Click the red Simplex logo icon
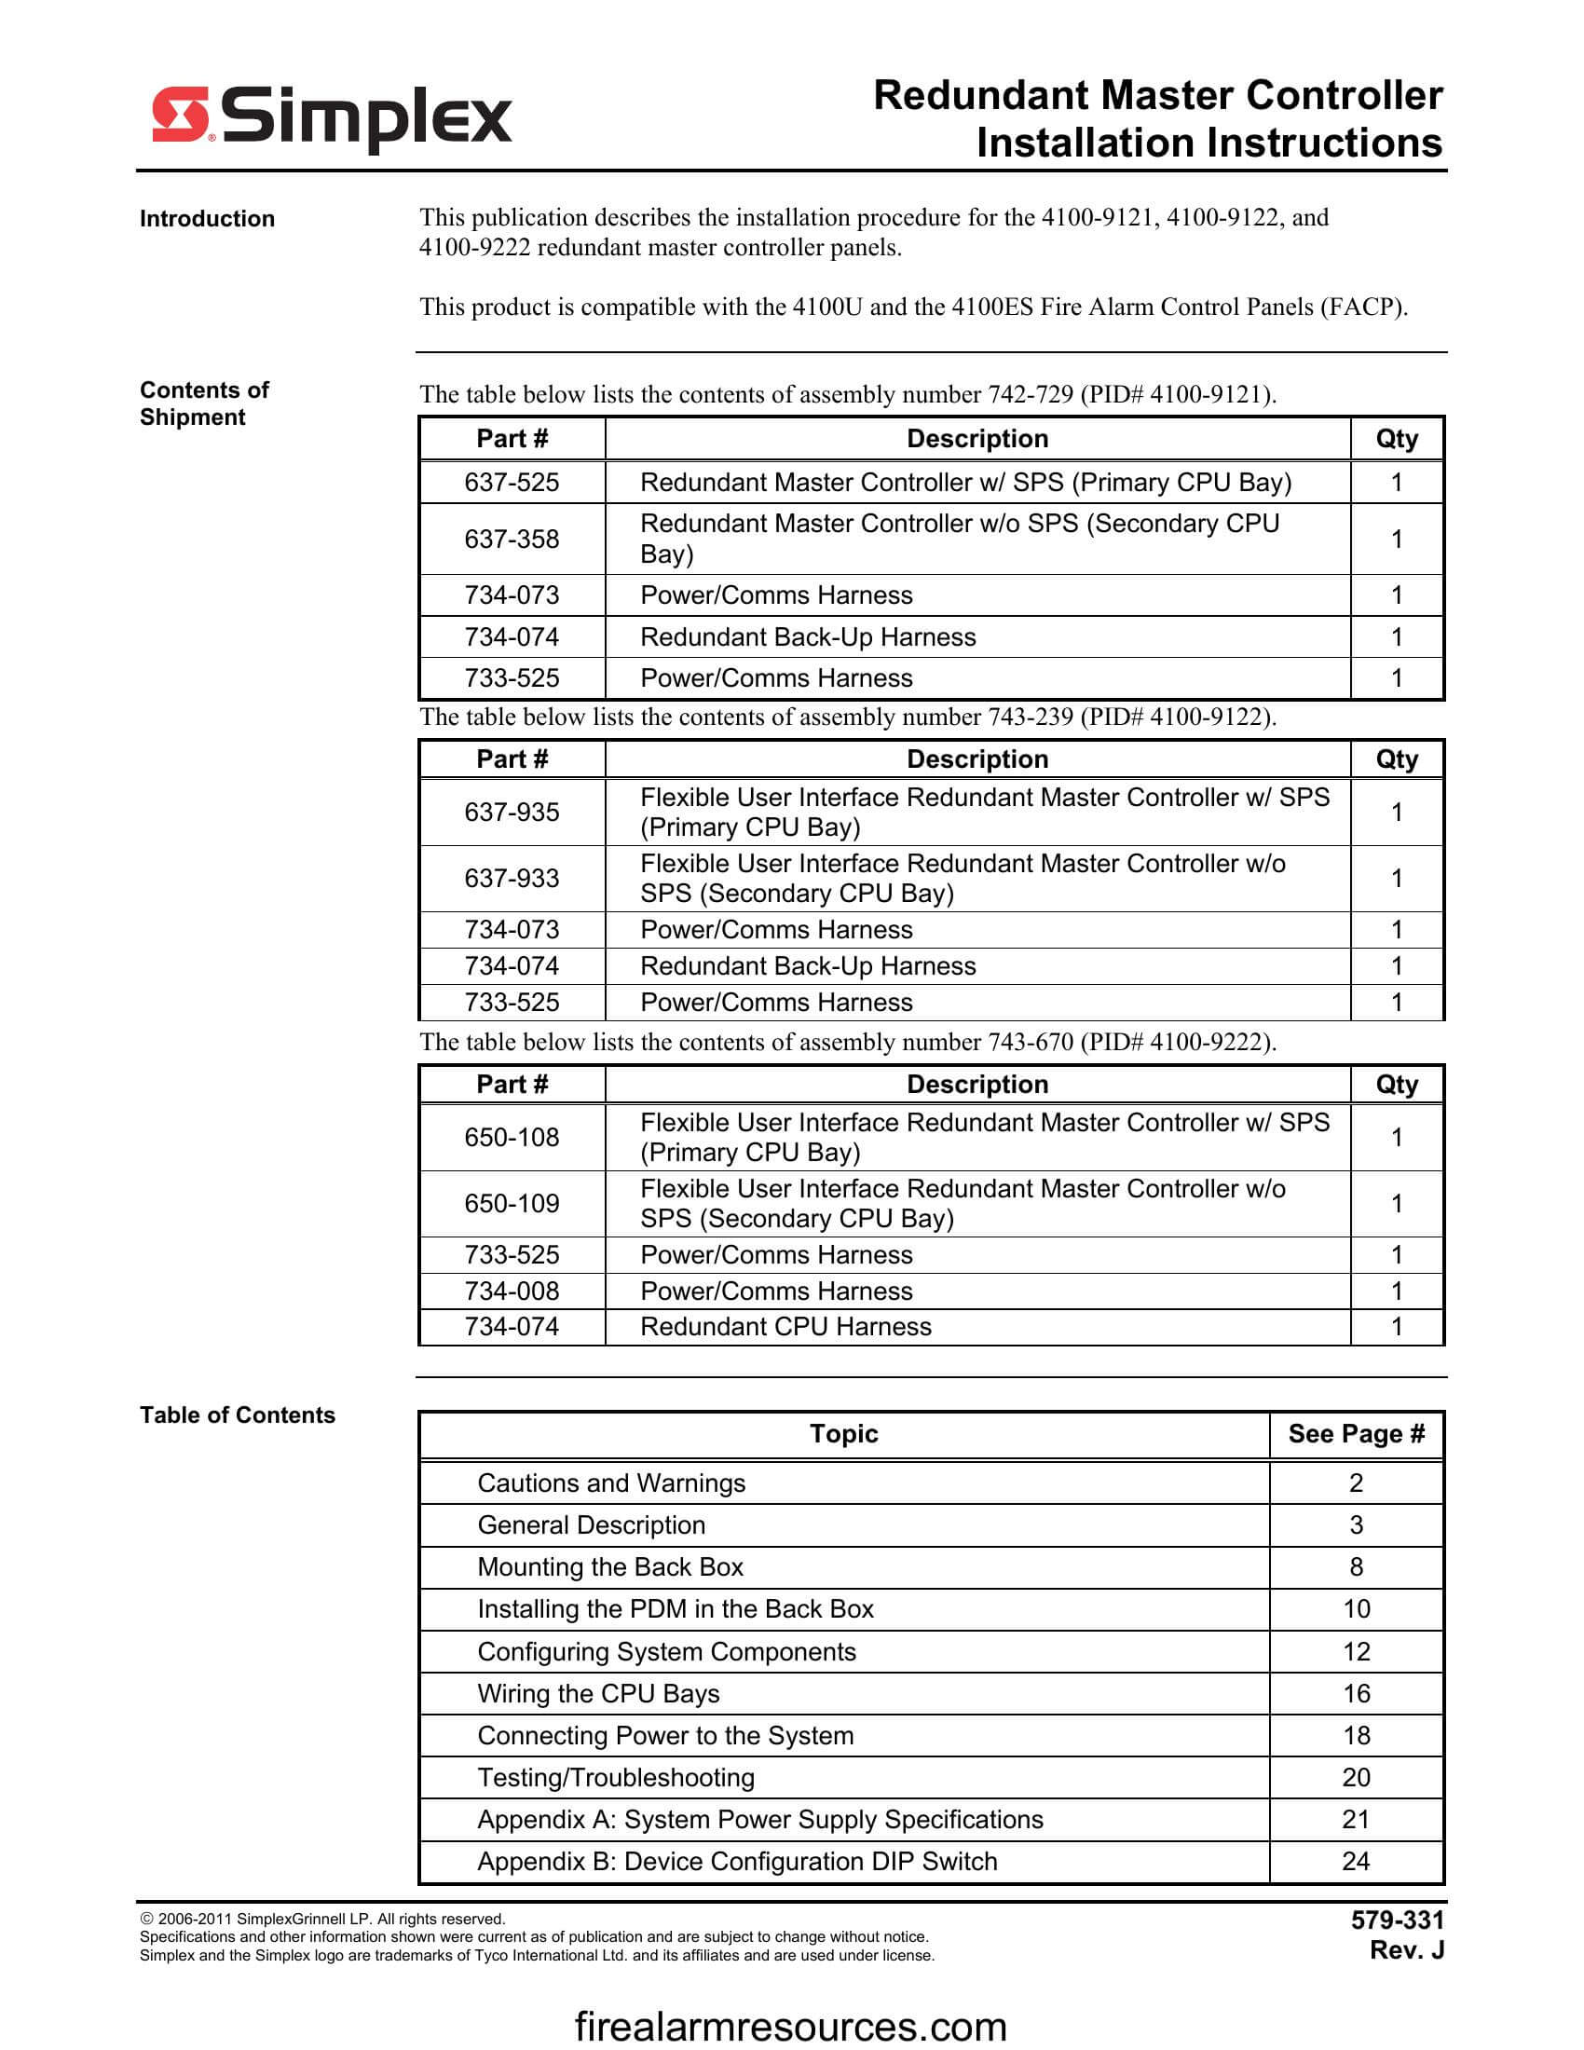[180, 115]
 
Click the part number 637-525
[512, 483]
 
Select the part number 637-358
[512, 539]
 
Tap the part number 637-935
[512, 812]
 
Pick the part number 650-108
[512, 1138]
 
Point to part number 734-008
[512, 1291]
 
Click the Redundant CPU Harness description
[785, 1326]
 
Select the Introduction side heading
[208, 219]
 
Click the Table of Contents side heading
[238, 1414]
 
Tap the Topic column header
[843, 1433]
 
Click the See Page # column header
[1356, 1433]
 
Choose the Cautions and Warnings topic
[611, 1483]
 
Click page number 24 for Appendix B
[1356, 1862]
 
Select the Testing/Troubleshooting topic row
[616, 1778]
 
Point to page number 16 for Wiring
[1356, 1693]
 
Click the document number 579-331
[1398, 1920]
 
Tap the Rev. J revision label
[1407, 1950]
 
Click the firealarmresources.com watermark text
[790, 2027]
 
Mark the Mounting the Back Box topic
[610, 1566]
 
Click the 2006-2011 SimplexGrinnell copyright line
[322, 1919]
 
